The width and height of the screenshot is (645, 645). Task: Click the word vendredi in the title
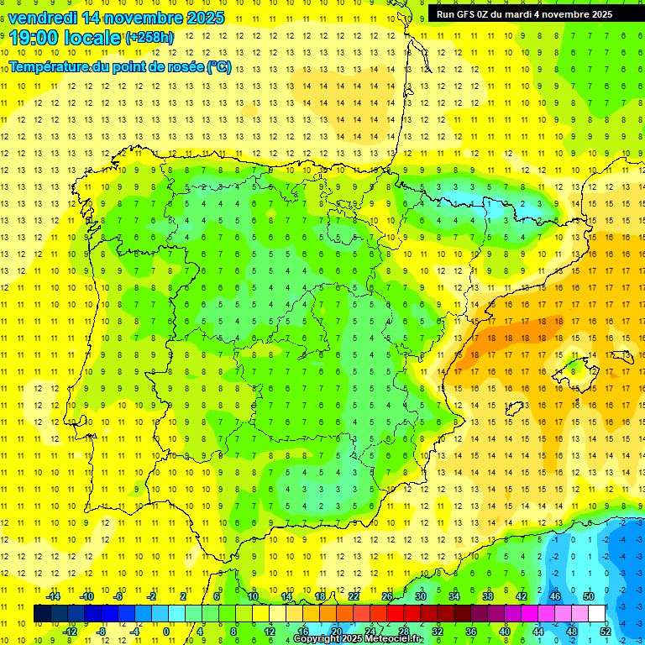tap(43, 17)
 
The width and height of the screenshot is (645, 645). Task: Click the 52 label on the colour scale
tap(606, 631)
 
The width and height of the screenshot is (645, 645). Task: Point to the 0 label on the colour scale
tap(167, 631)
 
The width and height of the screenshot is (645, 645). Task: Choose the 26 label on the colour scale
tap(387, 596)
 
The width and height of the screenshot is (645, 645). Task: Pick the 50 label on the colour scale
tap(589, 596)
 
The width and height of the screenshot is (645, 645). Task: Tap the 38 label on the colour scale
tap(488, 596)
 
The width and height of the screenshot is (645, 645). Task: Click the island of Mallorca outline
tap(573, 365)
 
